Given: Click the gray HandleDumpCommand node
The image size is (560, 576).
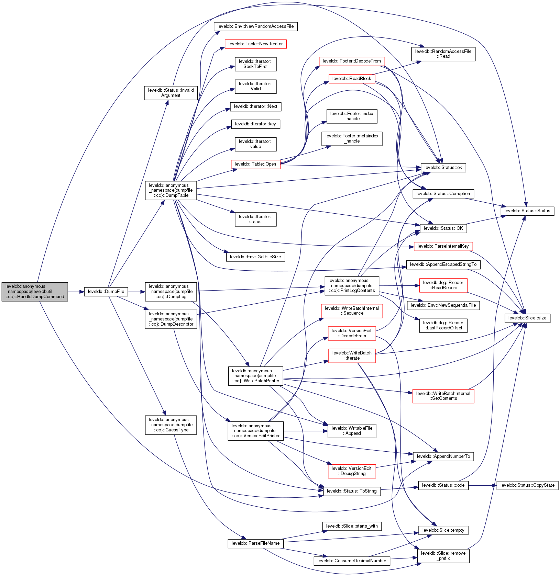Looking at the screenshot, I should (x=35, y=292).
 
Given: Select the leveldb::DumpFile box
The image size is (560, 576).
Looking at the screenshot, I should (x=106, y=292).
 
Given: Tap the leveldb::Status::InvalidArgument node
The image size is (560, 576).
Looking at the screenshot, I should (x=171, y=93).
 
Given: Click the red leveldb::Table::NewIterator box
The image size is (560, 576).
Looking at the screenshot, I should (x=255, y=44).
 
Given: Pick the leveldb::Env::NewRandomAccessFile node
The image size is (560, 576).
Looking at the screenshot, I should (x=255, y=26).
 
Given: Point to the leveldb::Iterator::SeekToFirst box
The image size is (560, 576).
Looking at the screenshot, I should (x=255, y=64).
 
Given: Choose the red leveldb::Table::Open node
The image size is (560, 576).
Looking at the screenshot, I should (x=255, y=164).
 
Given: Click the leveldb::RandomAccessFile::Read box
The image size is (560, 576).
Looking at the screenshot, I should (x=443, y=54).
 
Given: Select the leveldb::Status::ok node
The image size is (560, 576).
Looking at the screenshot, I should (x=443, y=168).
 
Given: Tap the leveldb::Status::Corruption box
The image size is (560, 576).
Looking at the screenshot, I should (x=443, y=194).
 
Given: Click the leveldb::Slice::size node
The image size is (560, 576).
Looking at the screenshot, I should (x=527, y=318).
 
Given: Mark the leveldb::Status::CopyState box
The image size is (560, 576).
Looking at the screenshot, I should (x=527, y=485).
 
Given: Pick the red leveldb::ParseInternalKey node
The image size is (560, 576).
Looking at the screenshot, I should (x=443, y=246).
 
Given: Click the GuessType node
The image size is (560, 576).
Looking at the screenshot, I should (x=171, y=425).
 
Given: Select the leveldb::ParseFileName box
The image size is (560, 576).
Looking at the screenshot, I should (x=255, y=543).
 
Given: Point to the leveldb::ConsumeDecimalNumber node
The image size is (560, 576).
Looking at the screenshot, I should (x=352, y=561).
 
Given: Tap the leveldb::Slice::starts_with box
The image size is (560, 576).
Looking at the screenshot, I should (x=352, y=526).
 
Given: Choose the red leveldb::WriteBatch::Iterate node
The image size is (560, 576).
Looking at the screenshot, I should (x=352, y=355).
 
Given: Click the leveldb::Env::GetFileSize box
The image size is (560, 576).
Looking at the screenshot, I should (x=255, y=257).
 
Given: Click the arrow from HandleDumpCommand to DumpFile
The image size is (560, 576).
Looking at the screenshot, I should (x=76, y=292).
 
